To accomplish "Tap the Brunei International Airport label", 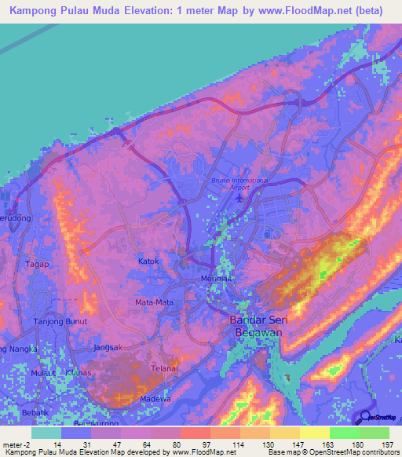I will click(x=239, y=184).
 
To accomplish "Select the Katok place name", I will click(x=149, y=261).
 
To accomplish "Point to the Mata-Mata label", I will click(x=154, y=302).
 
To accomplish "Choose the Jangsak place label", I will click(x=107, y=347).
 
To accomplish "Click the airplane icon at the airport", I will click(x=238, y=198).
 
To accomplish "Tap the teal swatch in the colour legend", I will click(x=46, y=433).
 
